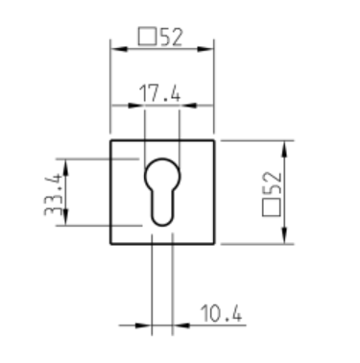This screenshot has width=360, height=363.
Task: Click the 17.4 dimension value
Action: [161, 92]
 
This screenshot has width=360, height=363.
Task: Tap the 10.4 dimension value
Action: [219, 314]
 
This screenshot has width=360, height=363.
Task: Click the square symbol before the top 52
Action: [148, 38]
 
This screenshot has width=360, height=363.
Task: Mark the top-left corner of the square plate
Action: [111, 140]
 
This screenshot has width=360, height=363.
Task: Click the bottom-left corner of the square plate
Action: [111, 244]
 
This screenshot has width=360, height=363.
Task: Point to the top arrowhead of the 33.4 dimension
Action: [66, 162]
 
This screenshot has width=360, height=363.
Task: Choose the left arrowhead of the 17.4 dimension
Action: [148, 105]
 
